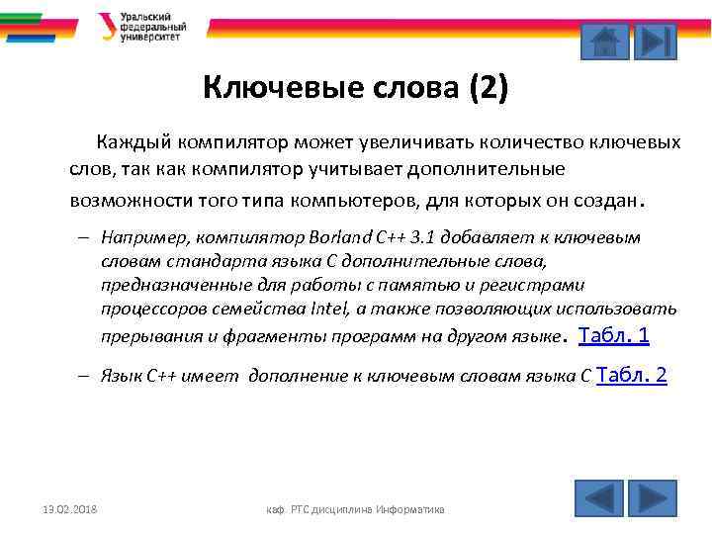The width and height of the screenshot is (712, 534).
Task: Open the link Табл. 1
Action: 612,335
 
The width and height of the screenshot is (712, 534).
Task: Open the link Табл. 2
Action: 633,375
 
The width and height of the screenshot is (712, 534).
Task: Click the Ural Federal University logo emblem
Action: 106,26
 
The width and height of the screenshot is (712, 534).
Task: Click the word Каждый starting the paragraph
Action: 129,142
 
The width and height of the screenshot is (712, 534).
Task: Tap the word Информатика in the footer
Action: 408,509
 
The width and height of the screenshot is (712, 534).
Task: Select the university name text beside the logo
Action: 146,27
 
